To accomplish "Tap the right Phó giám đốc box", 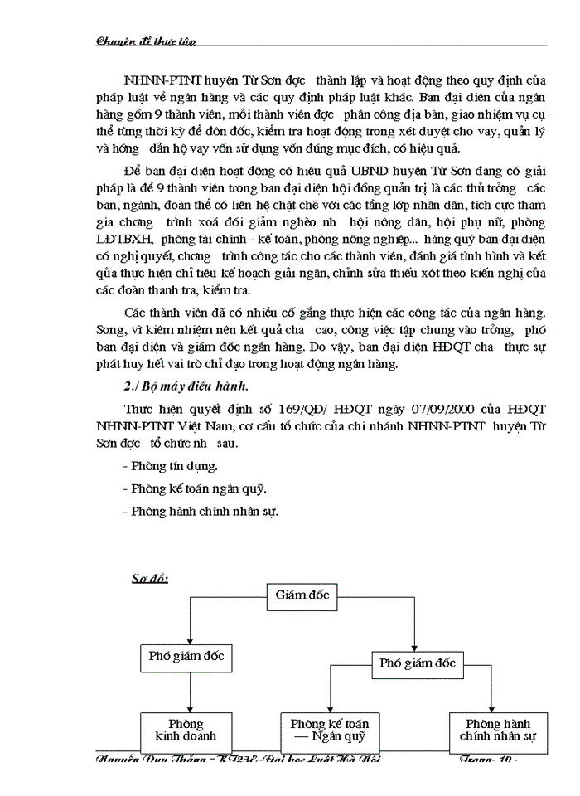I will (417, 663).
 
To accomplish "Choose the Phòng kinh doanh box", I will (186, 730).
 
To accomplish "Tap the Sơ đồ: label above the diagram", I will (150, 577).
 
